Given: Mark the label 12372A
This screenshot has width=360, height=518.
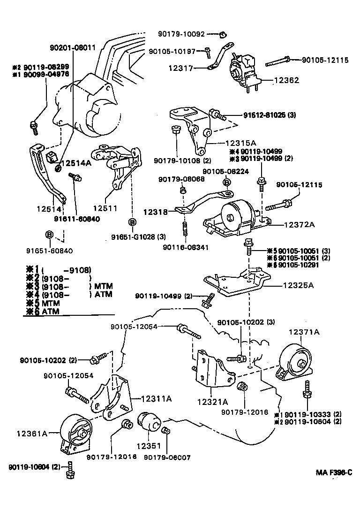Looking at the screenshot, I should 299,225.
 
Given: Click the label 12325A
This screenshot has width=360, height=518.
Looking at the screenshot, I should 299,285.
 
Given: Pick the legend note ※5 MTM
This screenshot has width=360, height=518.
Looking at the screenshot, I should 41,303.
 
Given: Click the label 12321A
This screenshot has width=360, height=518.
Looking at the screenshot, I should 212,402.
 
